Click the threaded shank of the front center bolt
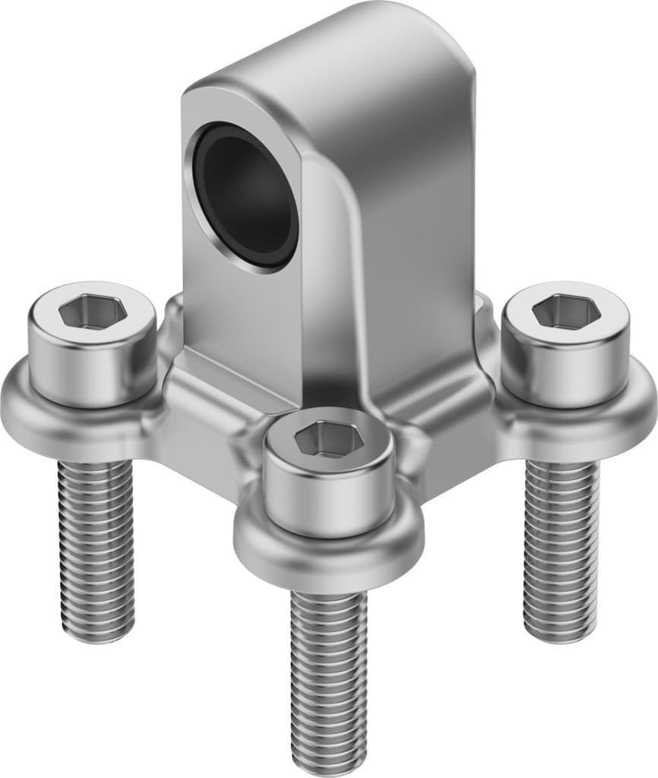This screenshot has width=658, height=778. [328, 669]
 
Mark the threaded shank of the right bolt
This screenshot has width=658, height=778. [562, 547]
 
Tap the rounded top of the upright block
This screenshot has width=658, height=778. [334, 46]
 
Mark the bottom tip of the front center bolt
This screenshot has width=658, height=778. [329, 764]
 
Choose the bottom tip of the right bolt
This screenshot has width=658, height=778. [562, 634]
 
